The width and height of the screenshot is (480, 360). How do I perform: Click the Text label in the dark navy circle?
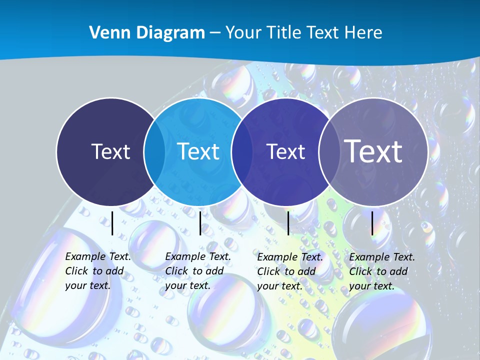110,151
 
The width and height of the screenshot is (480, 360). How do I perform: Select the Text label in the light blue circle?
198,151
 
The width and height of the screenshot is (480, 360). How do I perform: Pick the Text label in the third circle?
285,151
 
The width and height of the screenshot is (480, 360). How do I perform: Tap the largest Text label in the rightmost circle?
373,151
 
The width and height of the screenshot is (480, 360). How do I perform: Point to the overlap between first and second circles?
154,151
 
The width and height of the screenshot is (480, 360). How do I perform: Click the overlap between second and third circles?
241,151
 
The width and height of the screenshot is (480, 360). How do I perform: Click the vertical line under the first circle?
112,223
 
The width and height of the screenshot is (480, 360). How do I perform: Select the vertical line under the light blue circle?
200,223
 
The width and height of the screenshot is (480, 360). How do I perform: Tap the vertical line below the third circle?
288,223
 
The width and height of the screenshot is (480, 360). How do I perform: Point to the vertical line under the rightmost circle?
372,223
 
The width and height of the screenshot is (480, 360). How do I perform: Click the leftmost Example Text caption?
97,271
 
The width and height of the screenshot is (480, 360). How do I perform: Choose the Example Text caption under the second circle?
197,271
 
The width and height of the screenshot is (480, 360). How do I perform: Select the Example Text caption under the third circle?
289,271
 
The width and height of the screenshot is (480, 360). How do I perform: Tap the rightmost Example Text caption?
381,271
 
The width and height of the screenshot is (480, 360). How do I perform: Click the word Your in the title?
243,33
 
